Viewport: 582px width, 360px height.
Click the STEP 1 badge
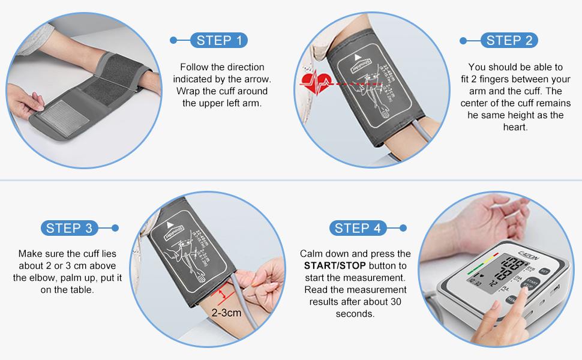point(219,40)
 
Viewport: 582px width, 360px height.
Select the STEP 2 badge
point(509,40)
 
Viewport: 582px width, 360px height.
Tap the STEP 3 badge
point(69,228)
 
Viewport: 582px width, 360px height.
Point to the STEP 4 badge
point(358,228)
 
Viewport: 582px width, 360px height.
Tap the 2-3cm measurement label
point(225,313)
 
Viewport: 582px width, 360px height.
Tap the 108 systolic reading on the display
point(513,264)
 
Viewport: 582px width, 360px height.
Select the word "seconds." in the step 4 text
point(355,314)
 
